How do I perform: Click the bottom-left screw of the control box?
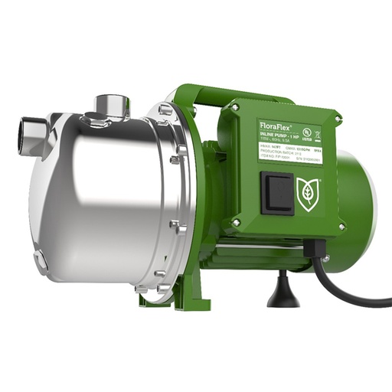[x=237, y=223]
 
